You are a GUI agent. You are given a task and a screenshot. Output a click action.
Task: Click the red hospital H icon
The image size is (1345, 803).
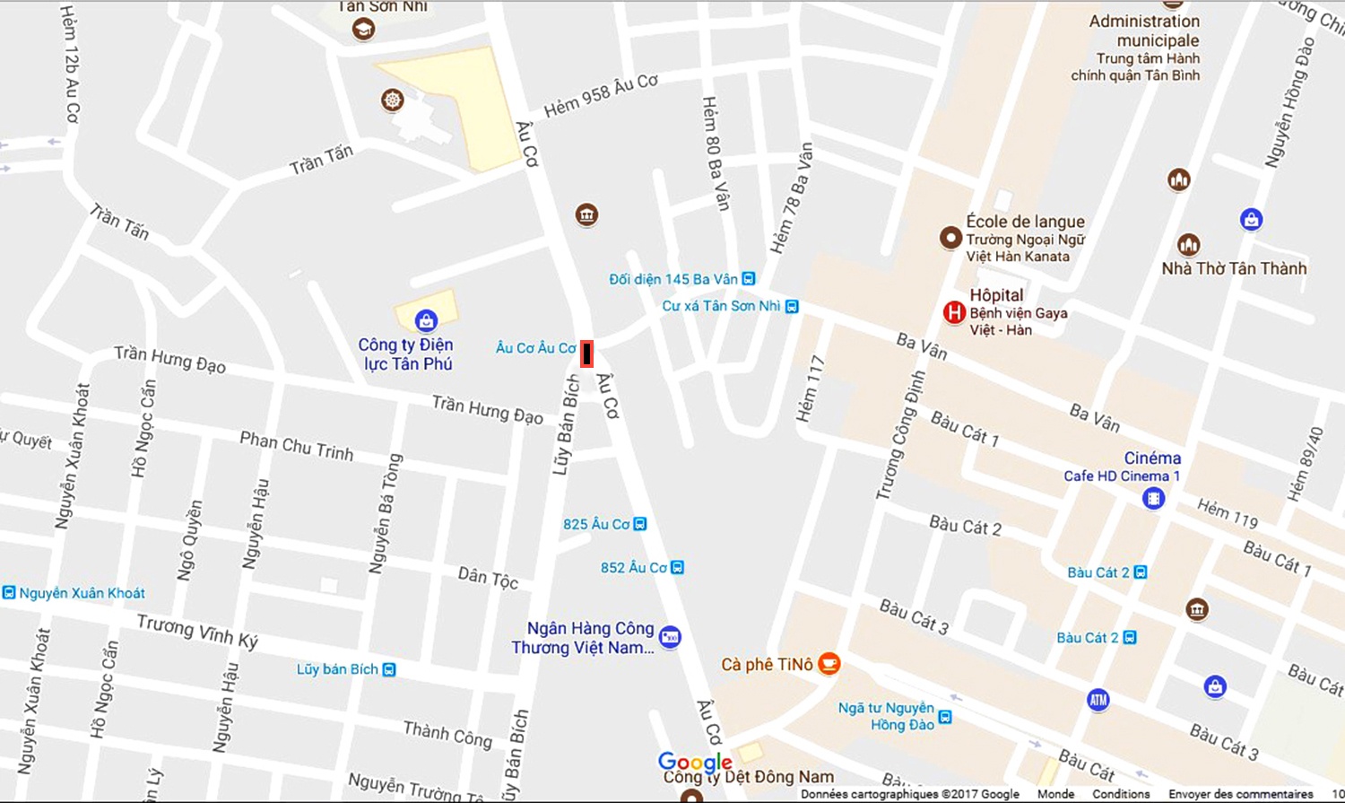point(954,312)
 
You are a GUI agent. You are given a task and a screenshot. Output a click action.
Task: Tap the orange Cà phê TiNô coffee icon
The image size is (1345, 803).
point(829,664)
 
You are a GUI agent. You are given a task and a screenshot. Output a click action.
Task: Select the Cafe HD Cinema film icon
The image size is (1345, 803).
point(1153,497)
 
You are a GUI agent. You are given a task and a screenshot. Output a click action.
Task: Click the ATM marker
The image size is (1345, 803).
point(1098,699)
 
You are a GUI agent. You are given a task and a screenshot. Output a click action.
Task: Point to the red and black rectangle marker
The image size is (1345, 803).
point(586,353)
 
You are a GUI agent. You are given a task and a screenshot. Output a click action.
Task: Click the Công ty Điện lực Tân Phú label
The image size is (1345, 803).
point(406,354)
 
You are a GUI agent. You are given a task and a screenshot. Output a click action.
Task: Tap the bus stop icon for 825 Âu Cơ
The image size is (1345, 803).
point(640,524)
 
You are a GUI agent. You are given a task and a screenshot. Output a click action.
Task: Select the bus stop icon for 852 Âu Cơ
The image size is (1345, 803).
point(678,568)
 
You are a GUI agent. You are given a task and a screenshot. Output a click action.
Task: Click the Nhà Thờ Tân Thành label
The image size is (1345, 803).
point(1234,268)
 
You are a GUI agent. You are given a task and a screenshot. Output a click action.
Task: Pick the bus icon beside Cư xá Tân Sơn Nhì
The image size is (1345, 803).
point(792,306)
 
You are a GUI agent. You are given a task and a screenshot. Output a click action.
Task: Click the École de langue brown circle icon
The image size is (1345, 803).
point(950,238)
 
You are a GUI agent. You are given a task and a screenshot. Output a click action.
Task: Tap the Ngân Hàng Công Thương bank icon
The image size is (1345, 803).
point(670,638)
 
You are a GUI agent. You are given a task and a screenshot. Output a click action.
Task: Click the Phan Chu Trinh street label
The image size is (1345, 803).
point(296,446)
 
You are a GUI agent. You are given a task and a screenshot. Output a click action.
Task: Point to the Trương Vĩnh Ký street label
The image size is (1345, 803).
point(197,631)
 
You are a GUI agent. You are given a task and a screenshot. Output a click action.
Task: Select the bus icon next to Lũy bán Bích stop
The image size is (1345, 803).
point(389,669)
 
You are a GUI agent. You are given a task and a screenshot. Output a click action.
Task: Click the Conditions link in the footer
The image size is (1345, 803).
point(1120,794)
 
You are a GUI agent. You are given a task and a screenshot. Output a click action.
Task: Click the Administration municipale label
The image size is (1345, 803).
point(1144,31)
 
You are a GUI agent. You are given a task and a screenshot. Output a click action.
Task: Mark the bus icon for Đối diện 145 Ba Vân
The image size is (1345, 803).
point(749,279)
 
